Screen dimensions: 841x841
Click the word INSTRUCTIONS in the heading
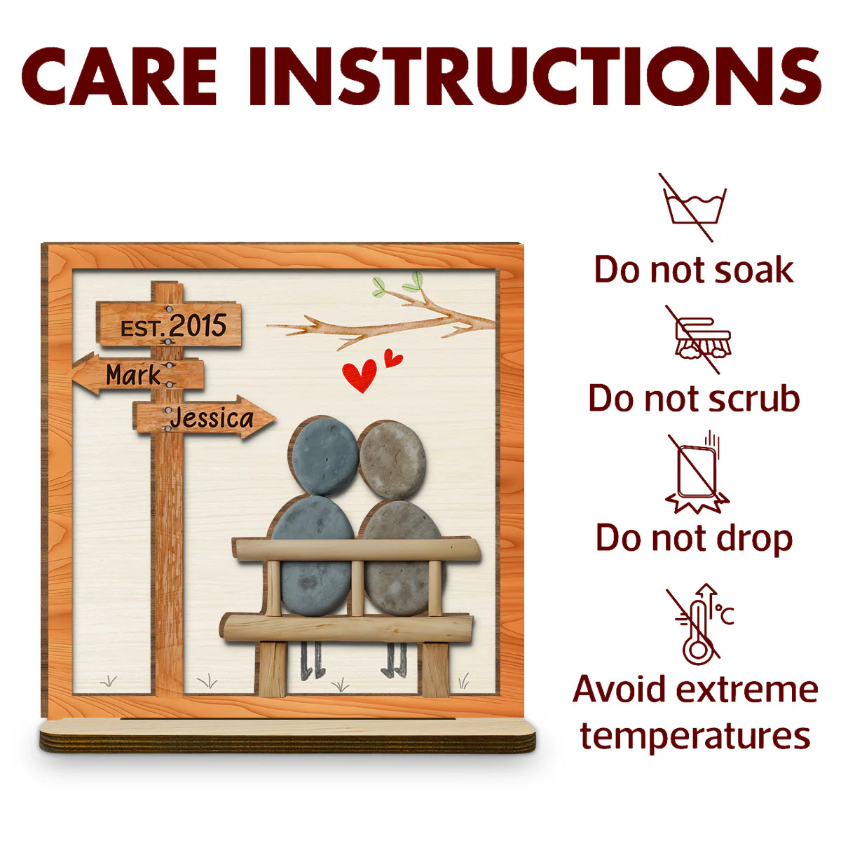[x=535, y=76]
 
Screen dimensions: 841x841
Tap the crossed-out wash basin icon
[x=693, y=207]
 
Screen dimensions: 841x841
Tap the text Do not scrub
[x=694, y=398]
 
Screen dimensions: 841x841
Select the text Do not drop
[x=694, y=538]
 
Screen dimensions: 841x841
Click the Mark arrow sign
[x=138, y=374]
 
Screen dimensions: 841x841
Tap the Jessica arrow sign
[x=204, y=417]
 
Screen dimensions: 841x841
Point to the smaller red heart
[x=392, y=358]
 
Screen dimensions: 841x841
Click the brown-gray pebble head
[x=392, y=460]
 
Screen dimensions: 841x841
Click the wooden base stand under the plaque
[x=287, y=737]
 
